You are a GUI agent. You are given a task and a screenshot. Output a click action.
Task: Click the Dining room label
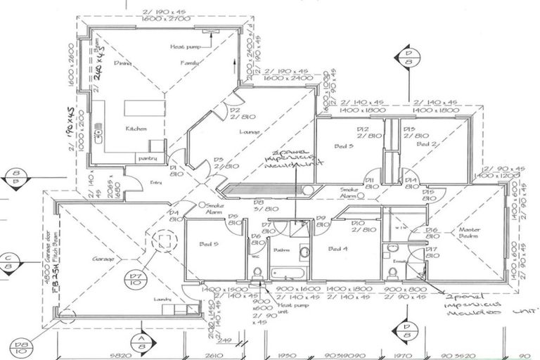(x=123, y=63)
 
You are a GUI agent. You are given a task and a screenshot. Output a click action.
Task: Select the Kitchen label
(x=136, y=129)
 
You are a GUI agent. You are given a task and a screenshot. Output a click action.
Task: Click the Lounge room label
(x=249, y=131)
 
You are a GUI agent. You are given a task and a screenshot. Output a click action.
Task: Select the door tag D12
(x=363, y=129)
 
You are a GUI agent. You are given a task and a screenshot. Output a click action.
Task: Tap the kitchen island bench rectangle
(x=143, y=108)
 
